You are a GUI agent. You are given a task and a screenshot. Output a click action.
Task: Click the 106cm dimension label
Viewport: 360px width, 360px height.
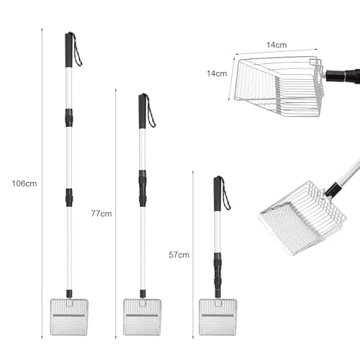tap(24, 184)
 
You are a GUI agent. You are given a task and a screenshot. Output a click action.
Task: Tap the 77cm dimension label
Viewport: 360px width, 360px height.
tap(102, 214)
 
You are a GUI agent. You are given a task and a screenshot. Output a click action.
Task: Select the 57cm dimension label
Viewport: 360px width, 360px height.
tap(179, 255)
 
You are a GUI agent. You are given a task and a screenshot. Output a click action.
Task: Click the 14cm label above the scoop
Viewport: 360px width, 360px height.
tap(276, 45)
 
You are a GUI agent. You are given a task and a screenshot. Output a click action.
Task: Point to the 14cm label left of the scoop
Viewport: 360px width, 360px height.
tap(217, 73)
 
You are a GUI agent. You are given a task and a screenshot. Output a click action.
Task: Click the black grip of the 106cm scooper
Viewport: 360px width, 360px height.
tap(69, 50)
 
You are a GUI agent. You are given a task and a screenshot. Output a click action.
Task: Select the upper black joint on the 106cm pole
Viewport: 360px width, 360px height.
tap(69, 117)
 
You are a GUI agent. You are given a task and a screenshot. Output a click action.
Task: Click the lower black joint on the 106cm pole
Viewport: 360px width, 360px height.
tap(69, 197)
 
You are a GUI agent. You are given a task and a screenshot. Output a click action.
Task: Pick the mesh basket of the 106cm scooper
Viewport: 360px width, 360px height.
tap(69, 317)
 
